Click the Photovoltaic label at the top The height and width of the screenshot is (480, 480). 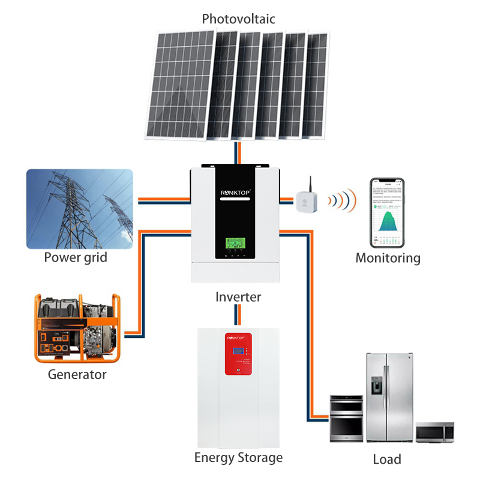pos(238,19)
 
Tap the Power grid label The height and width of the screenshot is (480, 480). pos(76,258)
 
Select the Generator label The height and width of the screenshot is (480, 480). pos(77,374)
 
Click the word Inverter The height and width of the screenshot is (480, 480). pos(238,296)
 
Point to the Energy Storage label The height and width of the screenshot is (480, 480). pos(238,458)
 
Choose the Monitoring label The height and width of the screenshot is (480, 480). pos(388,258)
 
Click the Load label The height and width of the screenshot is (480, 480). pos(387,460)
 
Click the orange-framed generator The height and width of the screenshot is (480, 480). pos(77,327)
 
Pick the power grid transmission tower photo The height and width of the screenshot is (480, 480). pos(79,209)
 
